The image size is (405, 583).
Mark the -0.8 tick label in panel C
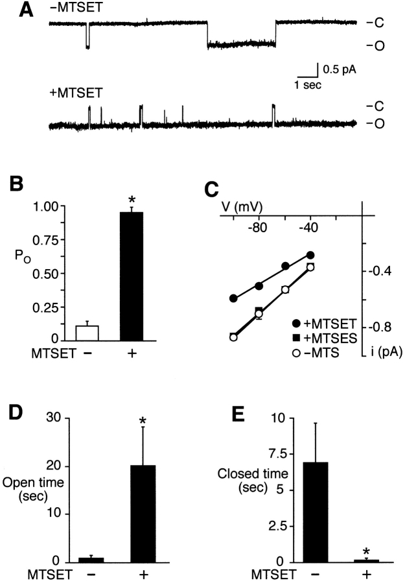click(x=381, y=327)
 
